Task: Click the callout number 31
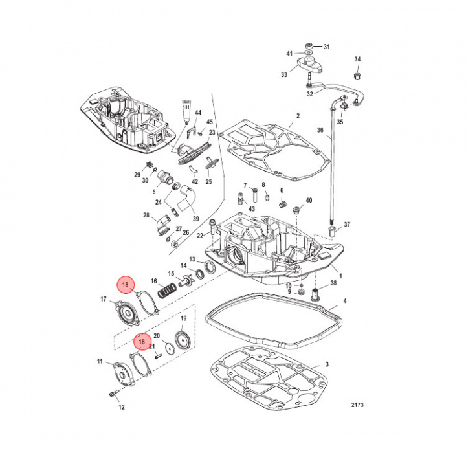click(326, 47)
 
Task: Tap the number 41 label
click(289, 53)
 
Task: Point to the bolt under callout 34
click(357, 74)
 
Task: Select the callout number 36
click(319, 130)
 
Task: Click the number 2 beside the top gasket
click(298, 116)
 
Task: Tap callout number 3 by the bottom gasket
click(327, 365)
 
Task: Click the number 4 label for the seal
click(344, 301)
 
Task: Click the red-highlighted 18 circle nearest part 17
click(126, 284)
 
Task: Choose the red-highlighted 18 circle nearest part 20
click(142, 341)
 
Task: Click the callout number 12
click(121, 406)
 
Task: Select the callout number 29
click(137, 175)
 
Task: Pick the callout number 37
click(347, 225)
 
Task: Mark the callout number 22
click(201, 235)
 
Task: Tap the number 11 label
click(100, 361)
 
